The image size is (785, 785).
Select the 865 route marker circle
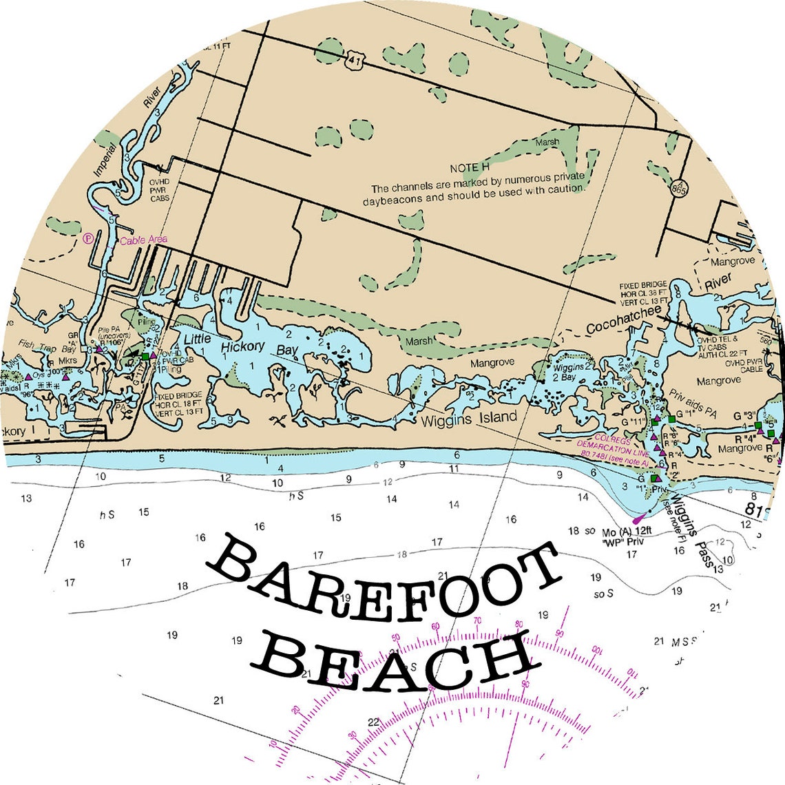[680, 190]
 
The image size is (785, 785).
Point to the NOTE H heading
[470, 168]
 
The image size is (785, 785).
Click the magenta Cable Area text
[143, 240]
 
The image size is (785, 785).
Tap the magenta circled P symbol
[87, 239]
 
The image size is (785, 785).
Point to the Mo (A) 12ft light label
[626, 532]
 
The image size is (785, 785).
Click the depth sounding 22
[373, 722]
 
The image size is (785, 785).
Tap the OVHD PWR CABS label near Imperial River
[160, 190]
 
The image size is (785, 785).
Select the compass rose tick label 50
[395, 637]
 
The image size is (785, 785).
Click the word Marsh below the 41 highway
[547, 143]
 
